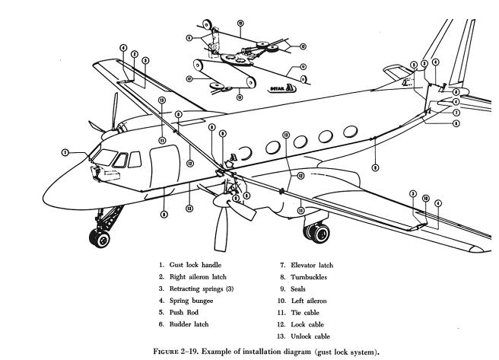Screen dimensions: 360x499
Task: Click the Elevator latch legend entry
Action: (313, 264)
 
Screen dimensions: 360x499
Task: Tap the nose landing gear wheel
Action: (99, 239)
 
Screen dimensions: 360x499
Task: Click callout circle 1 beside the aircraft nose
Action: (67, 152)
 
